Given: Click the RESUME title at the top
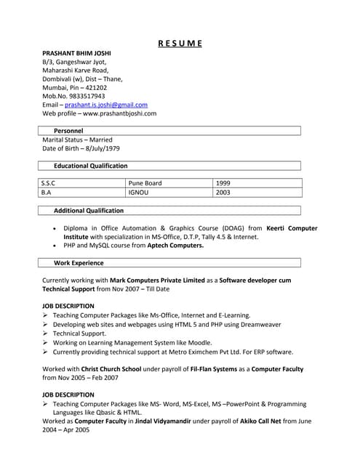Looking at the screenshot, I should pos(180,43).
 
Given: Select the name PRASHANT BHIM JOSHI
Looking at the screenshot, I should pos(76,54).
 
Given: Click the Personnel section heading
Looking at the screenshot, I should pos(68,131).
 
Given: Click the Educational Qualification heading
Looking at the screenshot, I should pos(90,166).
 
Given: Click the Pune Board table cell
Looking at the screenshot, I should pos(145,183).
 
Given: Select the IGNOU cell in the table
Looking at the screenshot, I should pos(138,193).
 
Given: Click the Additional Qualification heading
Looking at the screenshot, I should pos(89,211).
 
